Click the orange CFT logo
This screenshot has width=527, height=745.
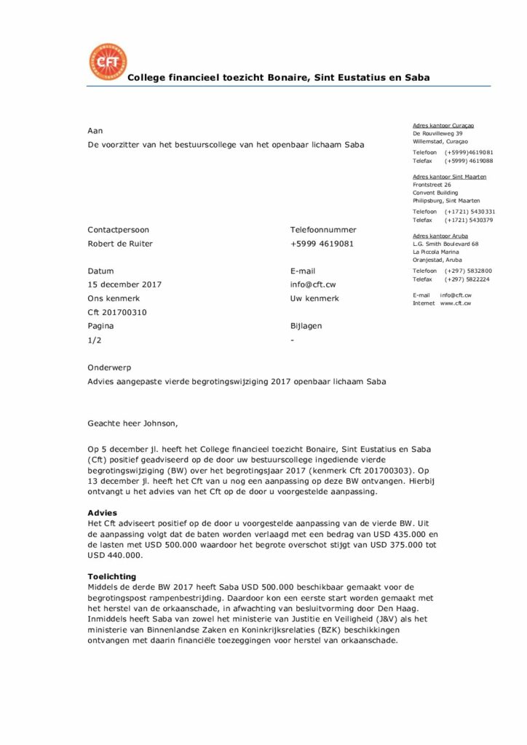(107, 62)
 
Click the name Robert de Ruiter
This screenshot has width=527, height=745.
(120, 244)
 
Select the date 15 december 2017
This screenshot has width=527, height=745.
(124, 284)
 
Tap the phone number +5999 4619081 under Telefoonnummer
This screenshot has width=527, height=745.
(322, 244)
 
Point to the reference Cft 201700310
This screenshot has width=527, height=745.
(117, 312)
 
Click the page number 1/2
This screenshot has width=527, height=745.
(94, 340)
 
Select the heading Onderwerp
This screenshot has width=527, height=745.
(109, 368)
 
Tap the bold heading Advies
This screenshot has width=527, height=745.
(102, 513)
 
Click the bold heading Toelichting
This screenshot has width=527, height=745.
(112, 576)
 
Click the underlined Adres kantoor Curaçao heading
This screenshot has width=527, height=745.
(444, 126)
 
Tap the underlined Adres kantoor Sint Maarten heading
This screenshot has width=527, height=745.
(449, 177)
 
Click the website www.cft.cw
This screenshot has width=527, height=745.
(455, 303)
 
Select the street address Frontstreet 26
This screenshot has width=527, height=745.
(432, 185)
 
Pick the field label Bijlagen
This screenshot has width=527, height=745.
(306, 326)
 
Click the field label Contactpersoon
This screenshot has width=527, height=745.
(118, 230)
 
